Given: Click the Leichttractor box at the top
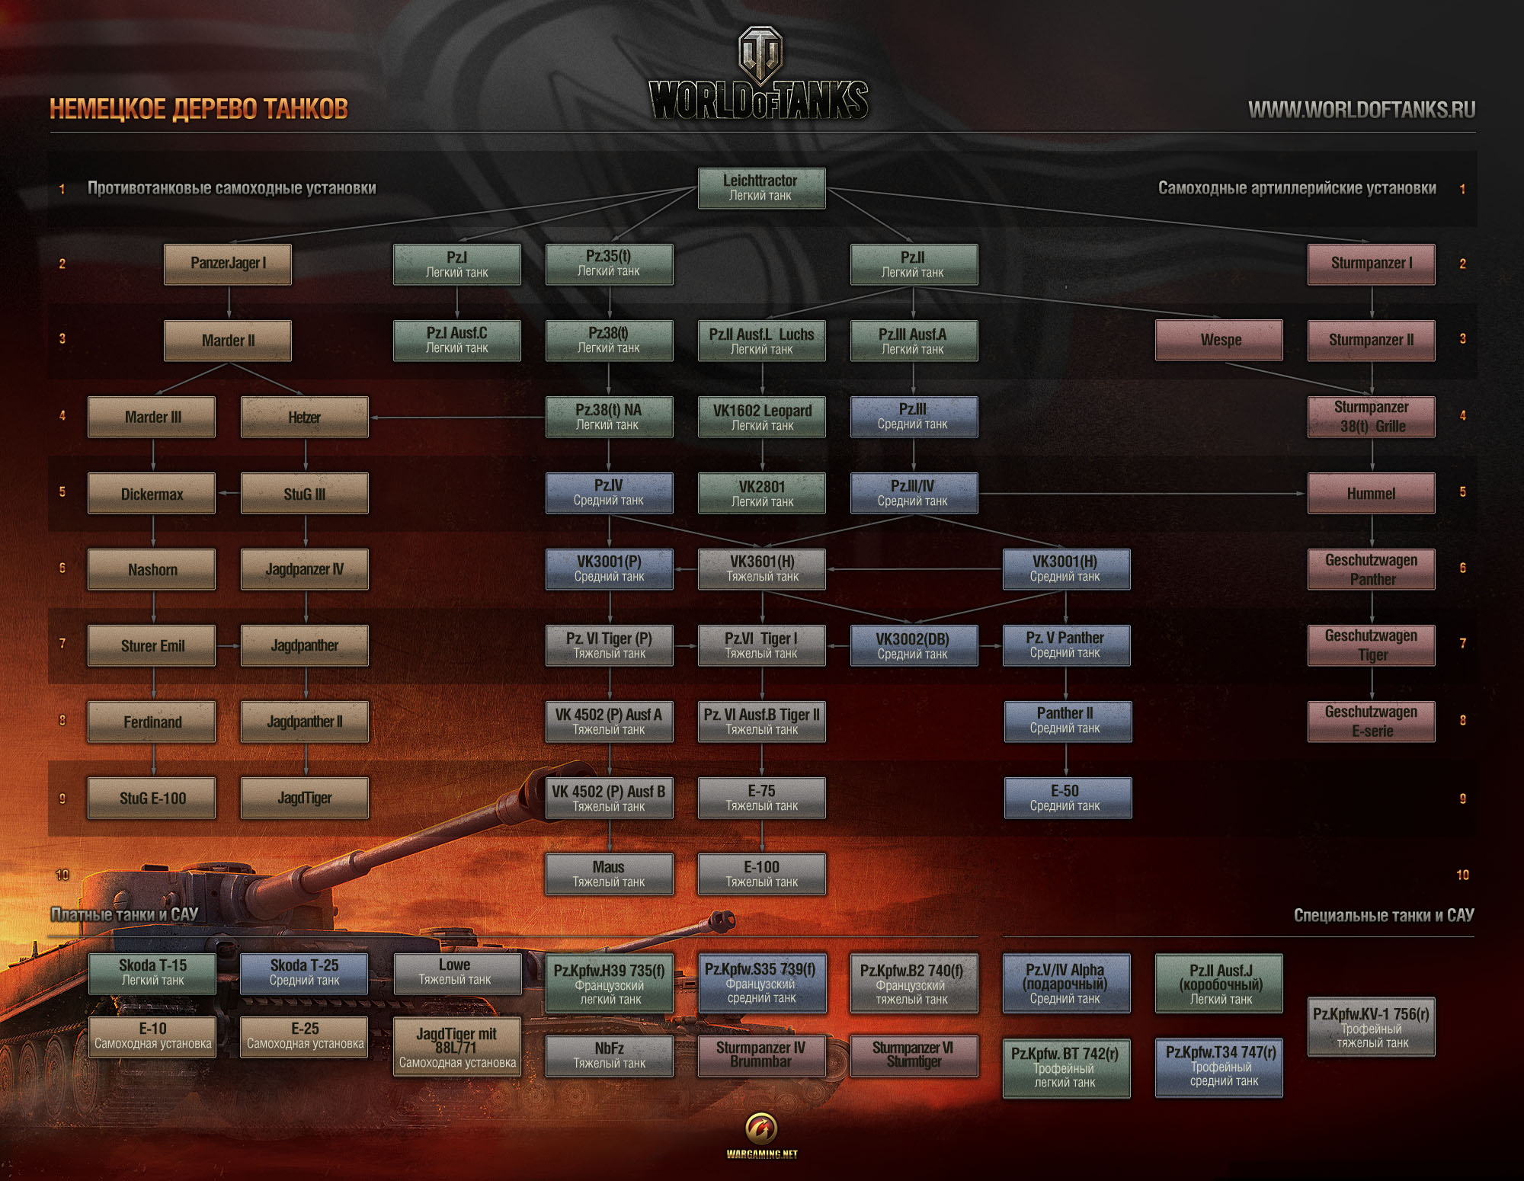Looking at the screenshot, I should (x=761, y=188).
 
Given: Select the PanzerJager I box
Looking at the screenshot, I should (x=228, y=264).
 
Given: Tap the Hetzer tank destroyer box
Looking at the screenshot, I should (x=304, y=417).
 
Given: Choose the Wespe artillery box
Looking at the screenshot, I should (x=1219, y=340).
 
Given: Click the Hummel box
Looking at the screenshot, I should (x=1371, y=493).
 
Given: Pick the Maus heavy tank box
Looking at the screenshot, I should (x=609, y=874).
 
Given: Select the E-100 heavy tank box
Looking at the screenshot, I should (x=761, y=874).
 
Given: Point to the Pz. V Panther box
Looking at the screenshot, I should (x=1066, y=645).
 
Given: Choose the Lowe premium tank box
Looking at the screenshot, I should (x=457, y=973).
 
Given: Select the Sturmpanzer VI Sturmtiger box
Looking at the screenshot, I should (x=914, y=1055).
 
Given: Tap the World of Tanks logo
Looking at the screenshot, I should (x=760, y=76).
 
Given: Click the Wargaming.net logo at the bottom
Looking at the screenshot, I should (x=761, y=1135).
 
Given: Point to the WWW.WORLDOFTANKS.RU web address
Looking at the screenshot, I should (x=1361, y=110).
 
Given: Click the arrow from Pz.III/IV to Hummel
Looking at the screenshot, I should (x=1143, y=494).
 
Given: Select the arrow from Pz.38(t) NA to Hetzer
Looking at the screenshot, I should (x=457, y=418).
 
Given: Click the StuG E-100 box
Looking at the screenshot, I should (x=152, y=798).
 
